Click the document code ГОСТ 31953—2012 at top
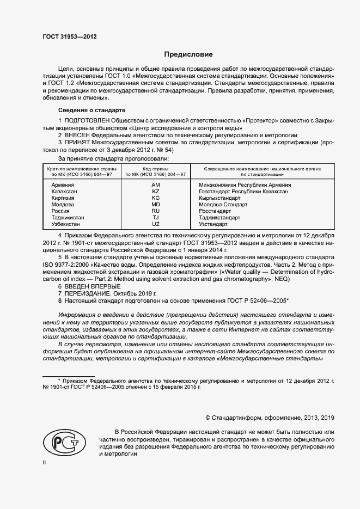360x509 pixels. [69, 36]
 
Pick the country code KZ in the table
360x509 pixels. [155, 192]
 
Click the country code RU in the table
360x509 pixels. [155, 211]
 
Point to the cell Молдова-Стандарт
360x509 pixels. [219, 205]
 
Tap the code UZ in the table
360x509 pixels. [155, 224]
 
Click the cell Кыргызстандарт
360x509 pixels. [217, 198]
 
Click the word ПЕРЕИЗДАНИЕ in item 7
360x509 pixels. [88, 293]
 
